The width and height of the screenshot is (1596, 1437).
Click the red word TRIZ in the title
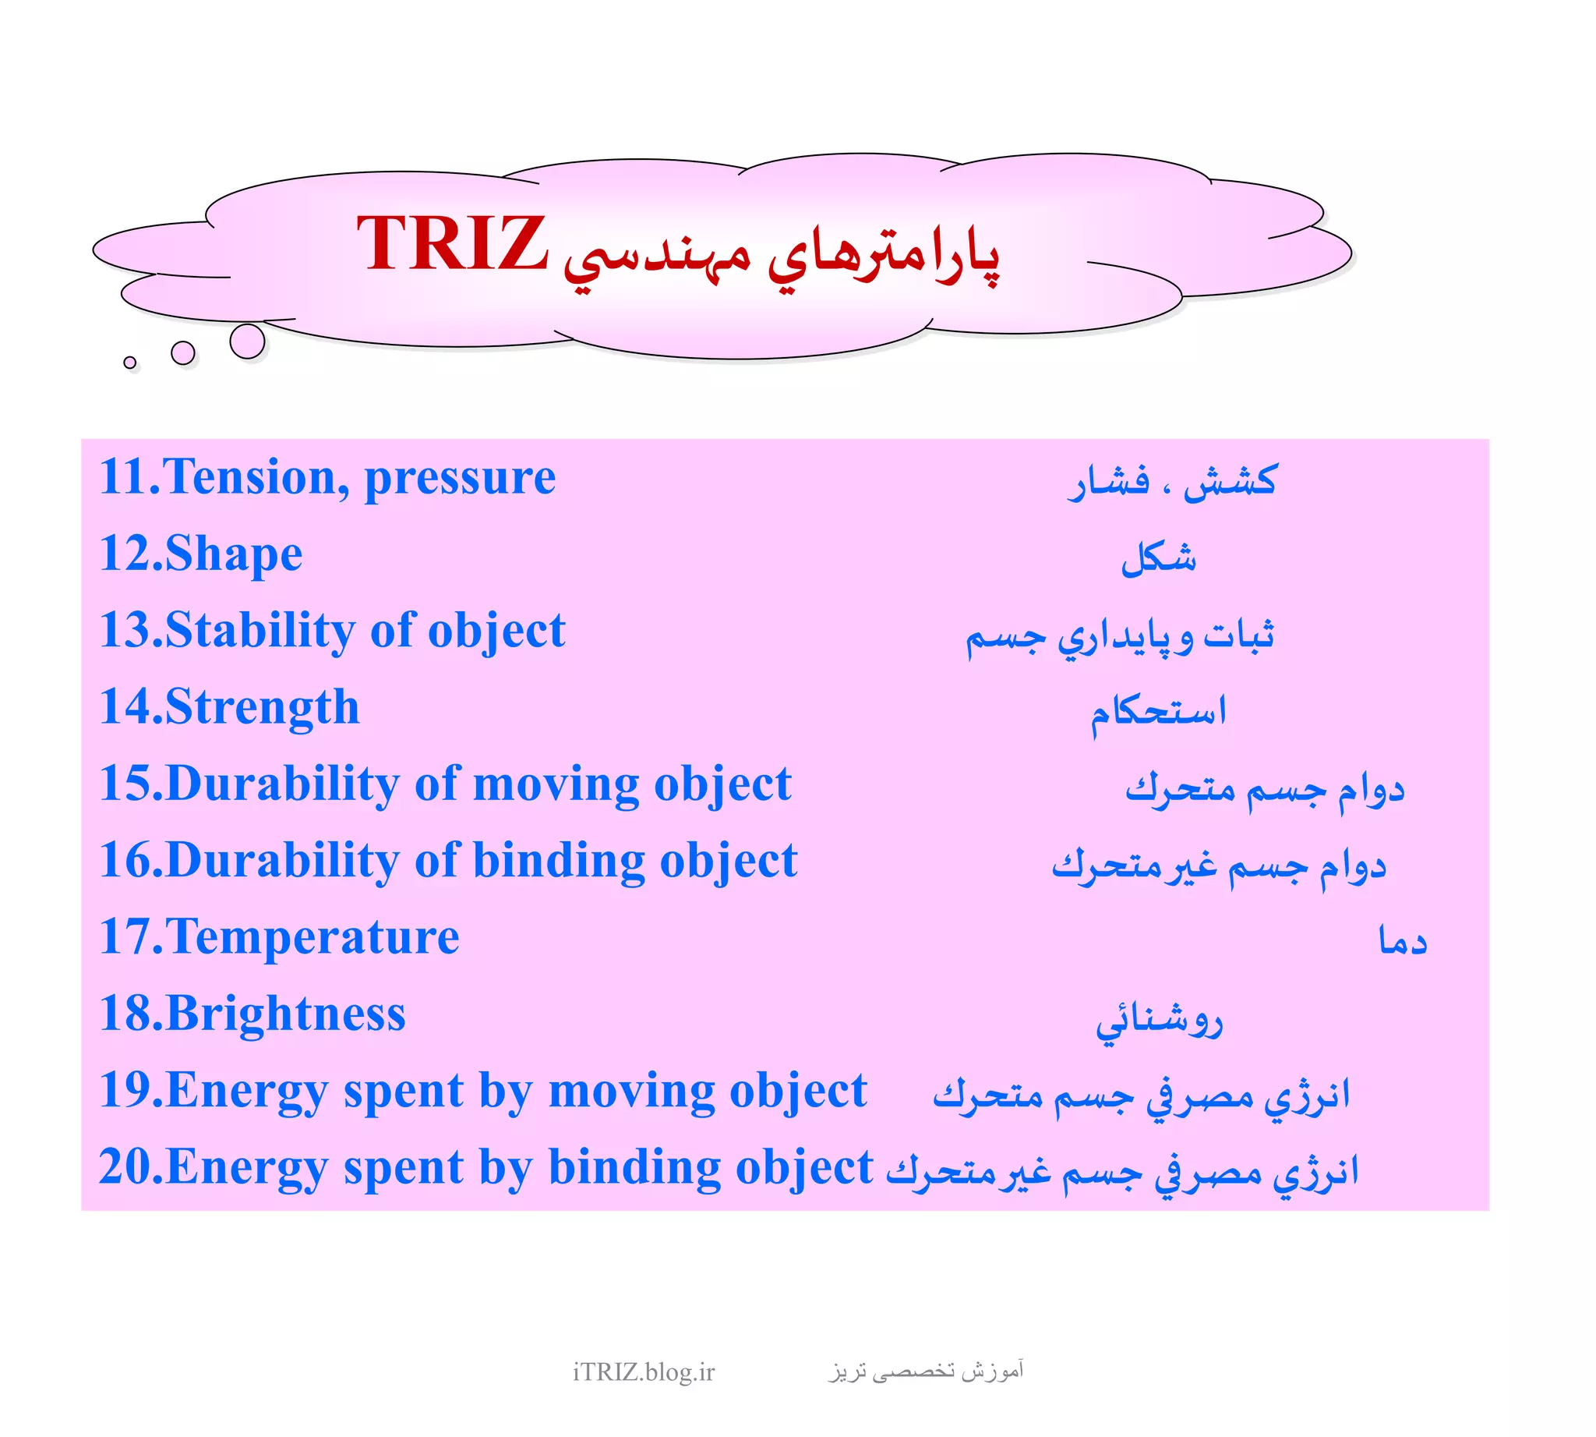pyautogui.click(x=451, y=243)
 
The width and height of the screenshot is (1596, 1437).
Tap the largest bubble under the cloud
pyautogui.click(x=247, y=341)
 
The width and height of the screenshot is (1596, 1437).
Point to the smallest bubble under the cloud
pyautogui.click(x=130, y=363)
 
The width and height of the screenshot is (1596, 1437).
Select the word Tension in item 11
pyautogui.click(x=252, y=477)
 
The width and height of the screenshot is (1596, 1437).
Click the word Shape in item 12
pyautogui.click(x=234, y=554)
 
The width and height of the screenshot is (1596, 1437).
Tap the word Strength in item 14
pyautogui.click(x=262, y=706)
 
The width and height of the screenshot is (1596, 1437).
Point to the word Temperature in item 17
pyautogui.click(x=312, y=936)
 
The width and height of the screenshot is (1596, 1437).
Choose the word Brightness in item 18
pyautogui.click(x=286, y=1013)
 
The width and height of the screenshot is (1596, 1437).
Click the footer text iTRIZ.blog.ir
pyautogui.click(x=643, y=1372)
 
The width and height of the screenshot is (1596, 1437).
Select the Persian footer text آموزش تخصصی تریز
pyautogui.click(x=926, y=1371)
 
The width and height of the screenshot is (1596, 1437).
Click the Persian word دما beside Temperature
pyautogui.click(x=1403, y=941)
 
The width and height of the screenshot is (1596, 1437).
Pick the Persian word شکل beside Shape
pyautogui.click(x=1158, y=558)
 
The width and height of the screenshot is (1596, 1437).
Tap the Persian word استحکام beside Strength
pyautogui.click(x=1158, y=713)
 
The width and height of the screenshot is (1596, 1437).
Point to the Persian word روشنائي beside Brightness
pyautogui.click(x=1158, y=1021)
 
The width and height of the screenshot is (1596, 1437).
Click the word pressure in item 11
pyautogui.click(x=459, y=479)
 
